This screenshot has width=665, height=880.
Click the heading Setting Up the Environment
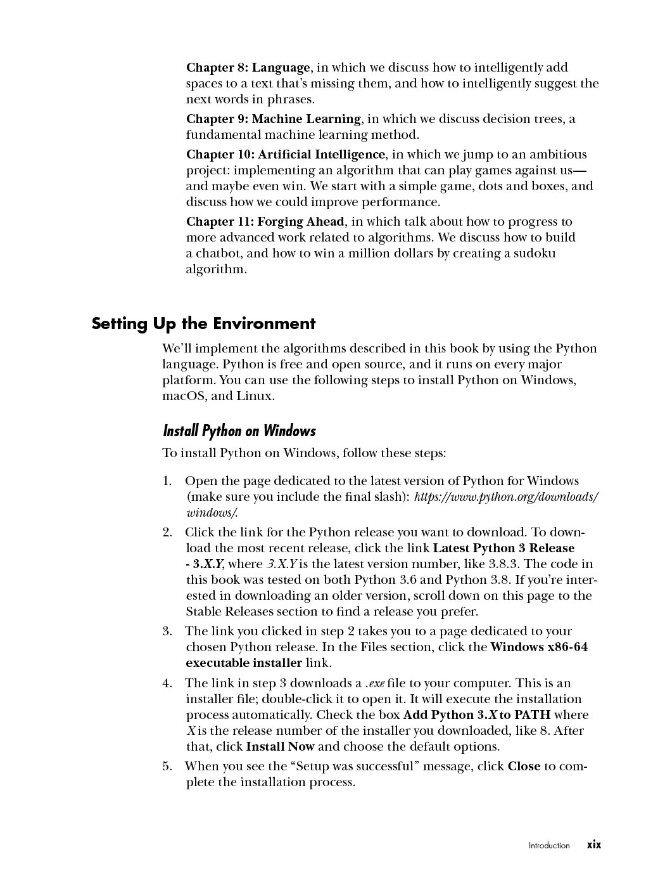point(203,324)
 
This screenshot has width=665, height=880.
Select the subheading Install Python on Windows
point(239,431)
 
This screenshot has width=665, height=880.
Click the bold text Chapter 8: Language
point(248,68)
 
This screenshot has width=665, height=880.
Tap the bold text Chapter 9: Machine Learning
point(273,119)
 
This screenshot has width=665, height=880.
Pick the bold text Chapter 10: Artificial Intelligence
point(285,155)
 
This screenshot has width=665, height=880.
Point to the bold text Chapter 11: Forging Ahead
point(265,222)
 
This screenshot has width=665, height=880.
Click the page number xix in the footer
point(593,844)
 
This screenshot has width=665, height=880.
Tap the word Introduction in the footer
point(549,845)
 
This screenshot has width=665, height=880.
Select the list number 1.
point(167,481)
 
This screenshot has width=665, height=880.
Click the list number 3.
point(167,631)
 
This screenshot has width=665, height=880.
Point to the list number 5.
point(167,767)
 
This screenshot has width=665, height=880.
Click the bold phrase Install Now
point(280,747)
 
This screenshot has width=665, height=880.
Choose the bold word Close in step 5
point(524,767)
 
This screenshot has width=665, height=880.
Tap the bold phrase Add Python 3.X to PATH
point(477,715)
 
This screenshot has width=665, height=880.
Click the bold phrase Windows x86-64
point(539,647)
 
